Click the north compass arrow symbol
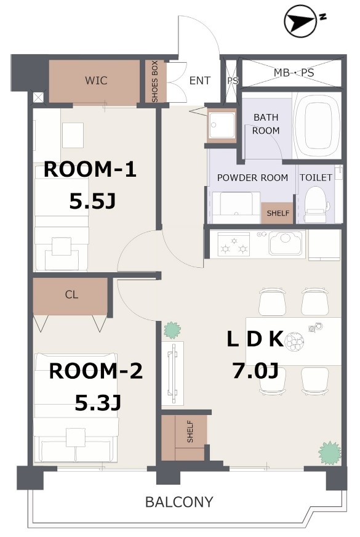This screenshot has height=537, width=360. (300, 20)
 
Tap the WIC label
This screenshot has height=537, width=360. (96, 81)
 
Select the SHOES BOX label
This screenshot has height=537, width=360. (154, 81)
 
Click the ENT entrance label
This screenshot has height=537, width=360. (200, 81)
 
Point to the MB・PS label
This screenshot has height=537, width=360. (294, 73)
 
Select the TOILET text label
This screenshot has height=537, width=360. (316, 177)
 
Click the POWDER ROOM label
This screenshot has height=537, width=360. (252, 178)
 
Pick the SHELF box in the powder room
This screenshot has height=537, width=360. (278, 213)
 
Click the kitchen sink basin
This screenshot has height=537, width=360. (286, 243)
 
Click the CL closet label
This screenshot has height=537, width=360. (71, 294)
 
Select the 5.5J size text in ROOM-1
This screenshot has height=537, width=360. (92, 201)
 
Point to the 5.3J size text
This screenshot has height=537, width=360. (98, 403)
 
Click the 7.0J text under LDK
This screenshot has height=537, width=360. (255, 370)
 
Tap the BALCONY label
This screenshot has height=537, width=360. (179, 502)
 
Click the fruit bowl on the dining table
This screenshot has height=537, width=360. (294, 341)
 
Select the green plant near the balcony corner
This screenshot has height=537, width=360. (330, 453)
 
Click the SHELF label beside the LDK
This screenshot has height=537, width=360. (190, 432)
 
